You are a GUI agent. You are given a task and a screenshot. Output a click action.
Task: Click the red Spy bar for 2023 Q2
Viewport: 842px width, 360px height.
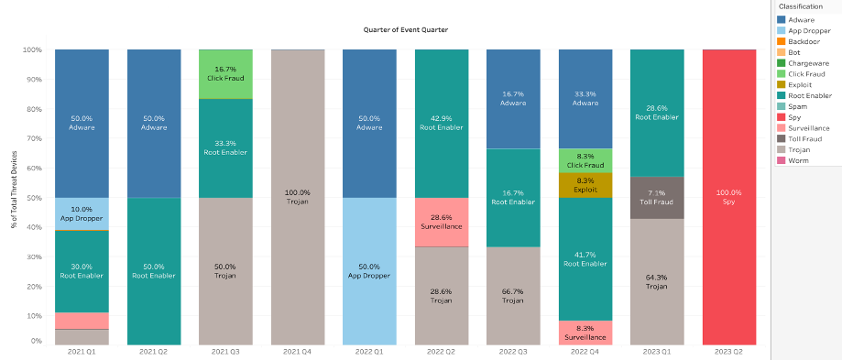[729, 197]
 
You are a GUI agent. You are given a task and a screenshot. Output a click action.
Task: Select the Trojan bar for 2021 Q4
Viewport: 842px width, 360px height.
[298, 197]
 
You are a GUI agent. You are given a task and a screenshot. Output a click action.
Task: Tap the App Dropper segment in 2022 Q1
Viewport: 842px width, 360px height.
[369, 270]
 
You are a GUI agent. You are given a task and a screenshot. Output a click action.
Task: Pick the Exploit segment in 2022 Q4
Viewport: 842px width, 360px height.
[585, 185]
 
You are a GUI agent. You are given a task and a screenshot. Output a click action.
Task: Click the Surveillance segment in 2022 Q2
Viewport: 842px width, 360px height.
[442, 222]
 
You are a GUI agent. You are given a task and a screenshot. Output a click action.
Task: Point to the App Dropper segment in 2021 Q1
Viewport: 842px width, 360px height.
[82, 213]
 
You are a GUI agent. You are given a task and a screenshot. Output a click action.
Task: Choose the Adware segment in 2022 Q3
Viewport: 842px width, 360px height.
[513, 99]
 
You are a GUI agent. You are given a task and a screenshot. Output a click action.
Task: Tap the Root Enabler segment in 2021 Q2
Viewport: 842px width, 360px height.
[154, 270]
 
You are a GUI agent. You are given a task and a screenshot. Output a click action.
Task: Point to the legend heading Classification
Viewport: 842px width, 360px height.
[801, 5]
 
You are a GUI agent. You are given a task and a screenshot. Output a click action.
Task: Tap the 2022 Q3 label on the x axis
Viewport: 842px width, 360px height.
[513, 351]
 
